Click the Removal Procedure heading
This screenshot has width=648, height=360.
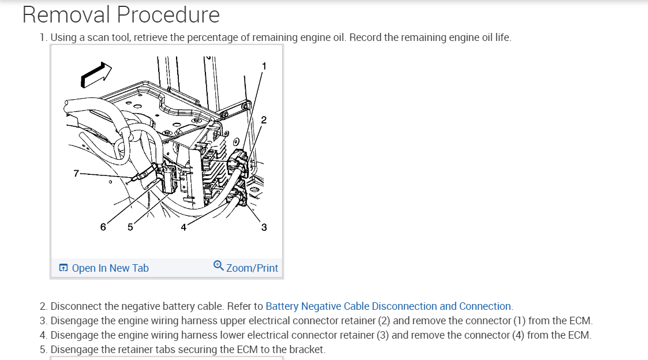coord(121,15)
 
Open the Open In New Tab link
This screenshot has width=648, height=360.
coord(110,268)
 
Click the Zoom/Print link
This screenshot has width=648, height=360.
coord(252,268)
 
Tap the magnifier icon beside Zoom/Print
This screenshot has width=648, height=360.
coord(218,265)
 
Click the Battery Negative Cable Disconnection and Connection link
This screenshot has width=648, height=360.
coord(388,306)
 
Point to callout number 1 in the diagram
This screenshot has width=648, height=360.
coord(264,66)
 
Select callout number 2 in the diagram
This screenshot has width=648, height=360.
coord(264,120)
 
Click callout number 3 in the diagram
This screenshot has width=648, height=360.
coord(264,227)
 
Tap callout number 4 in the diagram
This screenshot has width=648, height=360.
coord(183,227)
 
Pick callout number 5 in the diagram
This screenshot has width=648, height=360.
coord(130,227)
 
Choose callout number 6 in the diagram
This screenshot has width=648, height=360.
coord(103,227)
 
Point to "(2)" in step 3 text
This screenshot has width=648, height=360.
coord(383,321)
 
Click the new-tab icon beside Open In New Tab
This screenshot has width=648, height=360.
coord(63,268)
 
